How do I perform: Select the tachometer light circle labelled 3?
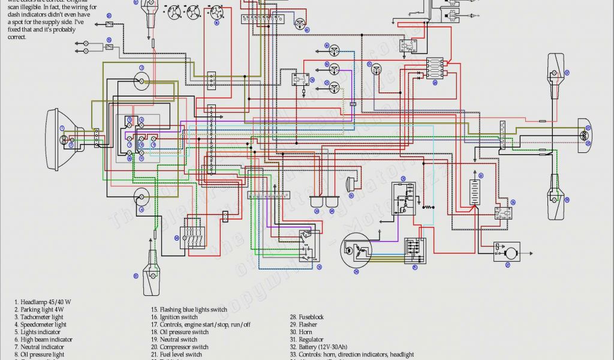(142, 81)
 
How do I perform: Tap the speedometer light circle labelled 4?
(142, 196)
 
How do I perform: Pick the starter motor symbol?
(507, 251)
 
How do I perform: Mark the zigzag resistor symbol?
(426, 208)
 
